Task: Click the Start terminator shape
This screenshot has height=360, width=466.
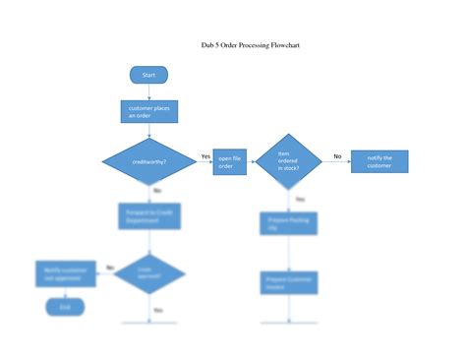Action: (x=148, y=75)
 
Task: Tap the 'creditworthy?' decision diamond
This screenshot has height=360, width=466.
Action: (x=149, y=161)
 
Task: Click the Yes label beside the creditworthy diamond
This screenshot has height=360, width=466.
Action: (x=205, y=156)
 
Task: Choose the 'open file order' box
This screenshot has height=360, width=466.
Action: (x=228, y=162)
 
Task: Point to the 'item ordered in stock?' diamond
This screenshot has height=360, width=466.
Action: (x=288, y=162)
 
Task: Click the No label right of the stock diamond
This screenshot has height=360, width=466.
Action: (x=337, y=156)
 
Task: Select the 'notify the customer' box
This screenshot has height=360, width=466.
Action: (x=379, y=162)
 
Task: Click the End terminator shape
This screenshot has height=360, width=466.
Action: (x=66, y=307)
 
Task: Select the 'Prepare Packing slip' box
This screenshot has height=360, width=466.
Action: (x=288, y=224)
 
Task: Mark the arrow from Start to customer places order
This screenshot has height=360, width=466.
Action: (x=148, y=91)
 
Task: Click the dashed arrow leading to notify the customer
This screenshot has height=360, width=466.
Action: (x=336, y=163)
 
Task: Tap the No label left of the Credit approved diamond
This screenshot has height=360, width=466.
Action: (x=110, y=267)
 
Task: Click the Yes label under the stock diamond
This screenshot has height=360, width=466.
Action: (x=300, y=199)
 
